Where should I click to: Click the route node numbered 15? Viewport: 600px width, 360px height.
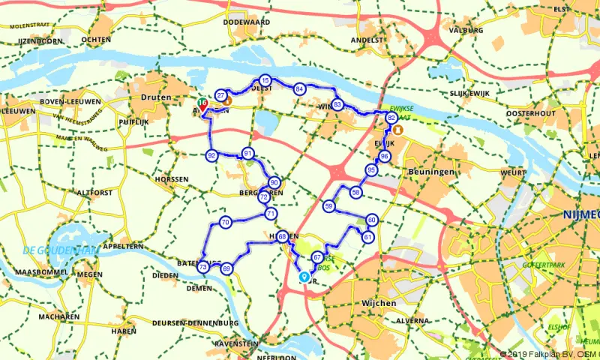point(265,80)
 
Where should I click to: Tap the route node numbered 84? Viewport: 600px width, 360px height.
point(299,89)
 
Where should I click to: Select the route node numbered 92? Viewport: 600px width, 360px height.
point(211,155)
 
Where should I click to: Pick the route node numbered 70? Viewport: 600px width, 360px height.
point(225,223)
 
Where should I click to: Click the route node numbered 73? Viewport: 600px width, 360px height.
point(202,267)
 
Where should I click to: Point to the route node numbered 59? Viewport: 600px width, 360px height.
point(328,205)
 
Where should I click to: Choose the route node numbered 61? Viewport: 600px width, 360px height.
point(367,237)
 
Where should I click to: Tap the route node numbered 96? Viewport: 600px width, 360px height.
point(384,156)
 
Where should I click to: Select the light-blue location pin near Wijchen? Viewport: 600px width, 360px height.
point(304,276)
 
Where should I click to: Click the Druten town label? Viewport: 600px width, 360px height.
point(157,97)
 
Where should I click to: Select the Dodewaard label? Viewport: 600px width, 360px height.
point(241,22)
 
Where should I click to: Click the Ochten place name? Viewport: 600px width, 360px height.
point(97,39)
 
